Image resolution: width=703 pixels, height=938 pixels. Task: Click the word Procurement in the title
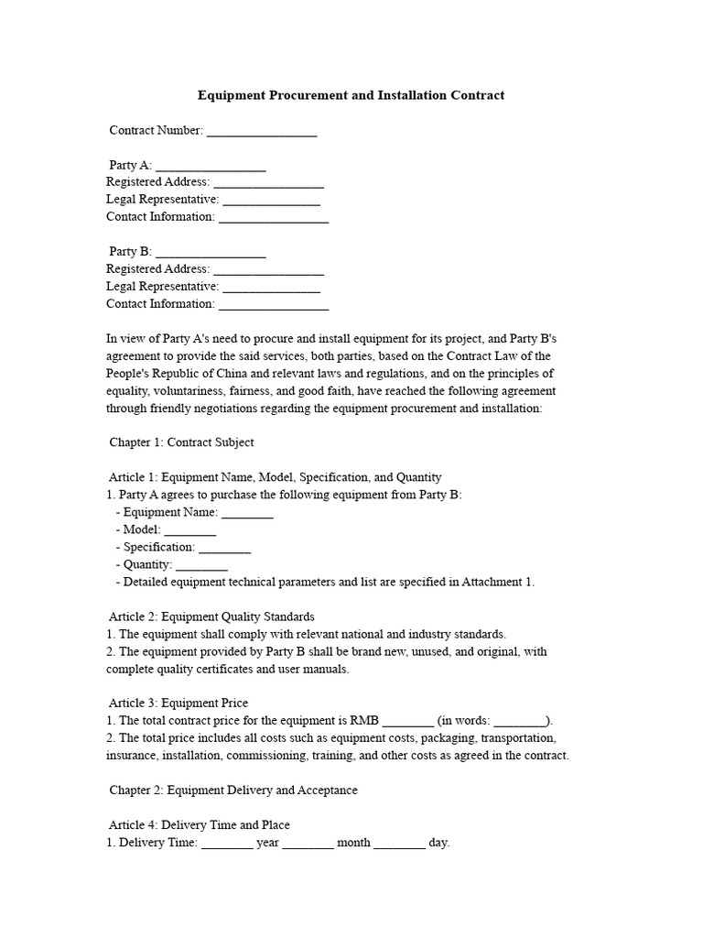point(298,95)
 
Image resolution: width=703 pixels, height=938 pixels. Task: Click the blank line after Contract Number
point(262,131)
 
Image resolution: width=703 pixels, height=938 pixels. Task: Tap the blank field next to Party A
point(211,166)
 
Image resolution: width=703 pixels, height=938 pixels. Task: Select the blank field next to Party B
point(211,252)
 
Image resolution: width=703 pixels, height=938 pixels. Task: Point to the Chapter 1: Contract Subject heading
point(181,442)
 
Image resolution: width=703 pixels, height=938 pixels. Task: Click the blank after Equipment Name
point(247,513)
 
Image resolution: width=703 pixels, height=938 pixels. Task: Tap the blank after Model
point(190,530)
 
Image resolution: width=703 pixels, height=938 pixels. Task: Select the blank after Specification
point(224,548)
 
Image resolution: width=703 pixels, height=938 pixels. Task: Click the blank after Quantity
point(201,565)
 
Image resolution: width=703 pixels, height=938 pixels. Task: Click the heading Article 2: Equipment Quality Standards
point(211,616)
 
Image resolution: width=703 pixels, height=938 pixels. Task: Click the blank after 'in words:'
point(521,721)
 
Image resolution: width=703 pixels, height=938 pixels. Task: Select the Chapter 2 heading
point(233,790)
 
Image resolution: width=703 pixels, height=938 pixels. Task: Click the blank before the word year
point(227,843)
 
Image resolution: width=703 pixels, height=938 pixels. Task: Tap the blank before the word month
point(308,843)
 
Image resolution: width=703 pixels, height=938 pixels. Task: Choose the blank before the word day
point(399,843)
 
